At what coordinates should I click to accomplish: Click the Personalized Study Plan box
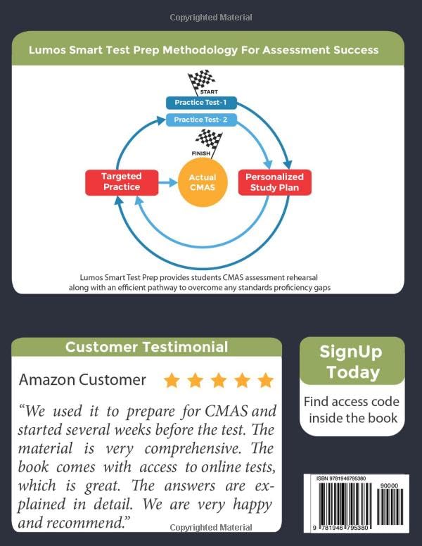point(274,182)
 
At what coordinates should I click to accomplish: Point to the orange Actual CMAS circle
point(203,182)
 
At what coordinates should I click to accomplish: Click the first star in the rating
point(172,381)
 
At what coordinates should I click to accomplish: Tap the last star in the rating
point(265,381)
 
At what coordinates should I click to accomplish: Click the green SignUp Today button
point(352,362)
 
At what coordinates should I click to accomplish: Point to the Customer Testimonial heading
point(146,347)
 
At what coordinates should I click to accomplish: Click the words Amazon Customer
point(82,380)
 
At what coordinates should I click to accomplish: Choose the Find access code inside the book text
point(352,410)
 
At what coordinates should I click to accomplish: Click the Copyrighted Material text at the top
point(211,18)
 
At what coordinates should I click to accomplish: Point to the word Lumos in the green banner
point(46,50)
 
